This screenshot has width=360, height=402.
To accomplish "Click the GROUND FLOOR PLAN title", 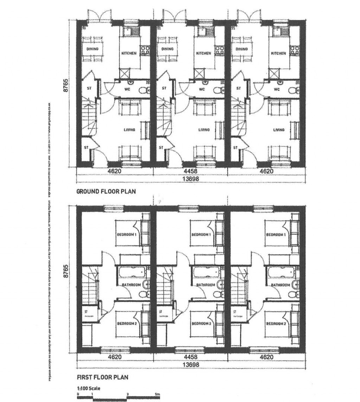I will coord(101,192).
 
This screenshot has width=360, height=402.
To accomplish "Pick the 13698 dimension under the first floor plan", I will coord(190,365).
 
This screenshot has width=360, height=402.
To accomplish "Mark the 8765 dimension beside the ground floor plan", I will coord(66,85).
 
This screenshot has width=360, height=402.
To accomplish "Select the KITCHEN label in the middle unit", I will coord(204,53).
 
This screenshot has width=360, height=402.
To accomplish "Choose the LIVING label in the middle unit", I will coord(204,130).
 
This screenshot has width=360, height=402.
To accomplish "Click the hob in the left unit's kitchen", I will coord(144,50).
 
